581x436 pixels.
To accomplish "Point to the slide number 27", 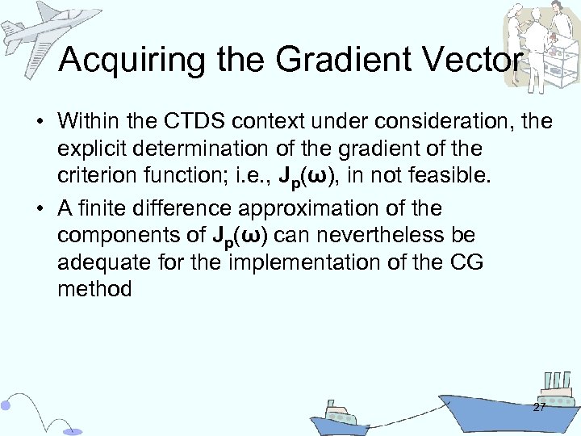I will [539, 407].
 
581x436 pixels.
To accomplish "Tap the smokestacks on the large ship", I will [556, 381].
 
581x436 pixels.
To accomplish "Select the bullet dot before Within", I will [40, 123].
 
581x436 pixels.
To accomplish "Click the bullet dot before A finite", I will [40, 209].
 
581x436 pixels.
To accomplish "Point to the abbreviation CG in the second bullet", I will [465, 262].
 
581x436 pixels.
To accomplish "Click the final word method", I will [94, 288].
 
